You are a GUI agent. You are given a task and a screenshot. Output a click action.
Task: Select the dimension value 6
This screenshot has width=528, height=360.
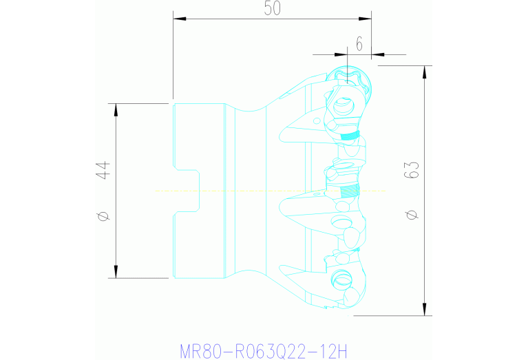click(x=359, y=43)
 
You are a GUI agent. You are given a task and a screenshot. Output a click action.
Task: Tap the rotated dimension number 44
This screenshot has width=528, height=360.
click(x=104, y=170)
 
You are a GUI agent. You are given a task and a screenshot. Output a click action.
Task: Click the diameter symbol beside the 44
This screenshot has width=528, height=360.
click(x=104, y=216)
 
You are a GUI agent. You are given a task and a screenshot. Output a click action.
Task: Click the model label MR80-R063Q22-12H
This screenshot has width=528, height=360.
click(x=264, y=351)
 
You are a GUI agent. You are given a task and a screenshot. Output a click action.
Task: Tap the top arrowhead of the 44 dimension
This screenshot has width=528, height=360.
click(x=116, y=109)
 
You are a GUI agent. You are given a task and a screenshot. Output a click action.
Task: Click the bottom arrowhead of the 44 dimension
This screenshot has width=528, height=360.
click(x=116, y=273)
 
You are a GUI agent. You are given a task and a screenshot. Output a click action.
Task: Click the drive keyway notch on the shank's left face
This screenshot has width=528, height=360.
click(x=187, y=191)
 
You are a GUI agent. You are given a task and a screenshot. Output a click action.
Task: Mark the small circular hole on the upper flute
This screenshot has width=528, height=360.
click(x=316, y=121)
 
